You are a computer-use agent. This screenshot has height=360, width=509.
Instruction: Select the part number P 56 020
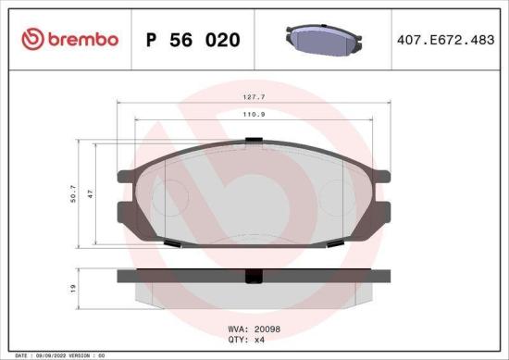click(x=193, y=40)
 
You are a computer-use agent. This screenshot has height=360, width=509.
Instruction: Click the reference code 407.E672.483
click(x=443, y=40)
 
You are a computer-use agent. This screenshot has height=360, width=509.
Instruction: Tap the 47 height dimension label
click(x=92, y=196)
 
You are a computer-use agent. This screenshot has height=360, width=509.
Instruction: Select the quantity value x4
click(x=261, y=339)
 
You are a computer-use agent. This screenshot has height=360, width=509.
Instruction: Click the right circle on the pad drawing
click(x=335, y=196)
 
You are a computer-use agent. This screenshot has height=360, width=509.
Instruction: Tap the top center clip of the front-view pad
click(x=252, y=142)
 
